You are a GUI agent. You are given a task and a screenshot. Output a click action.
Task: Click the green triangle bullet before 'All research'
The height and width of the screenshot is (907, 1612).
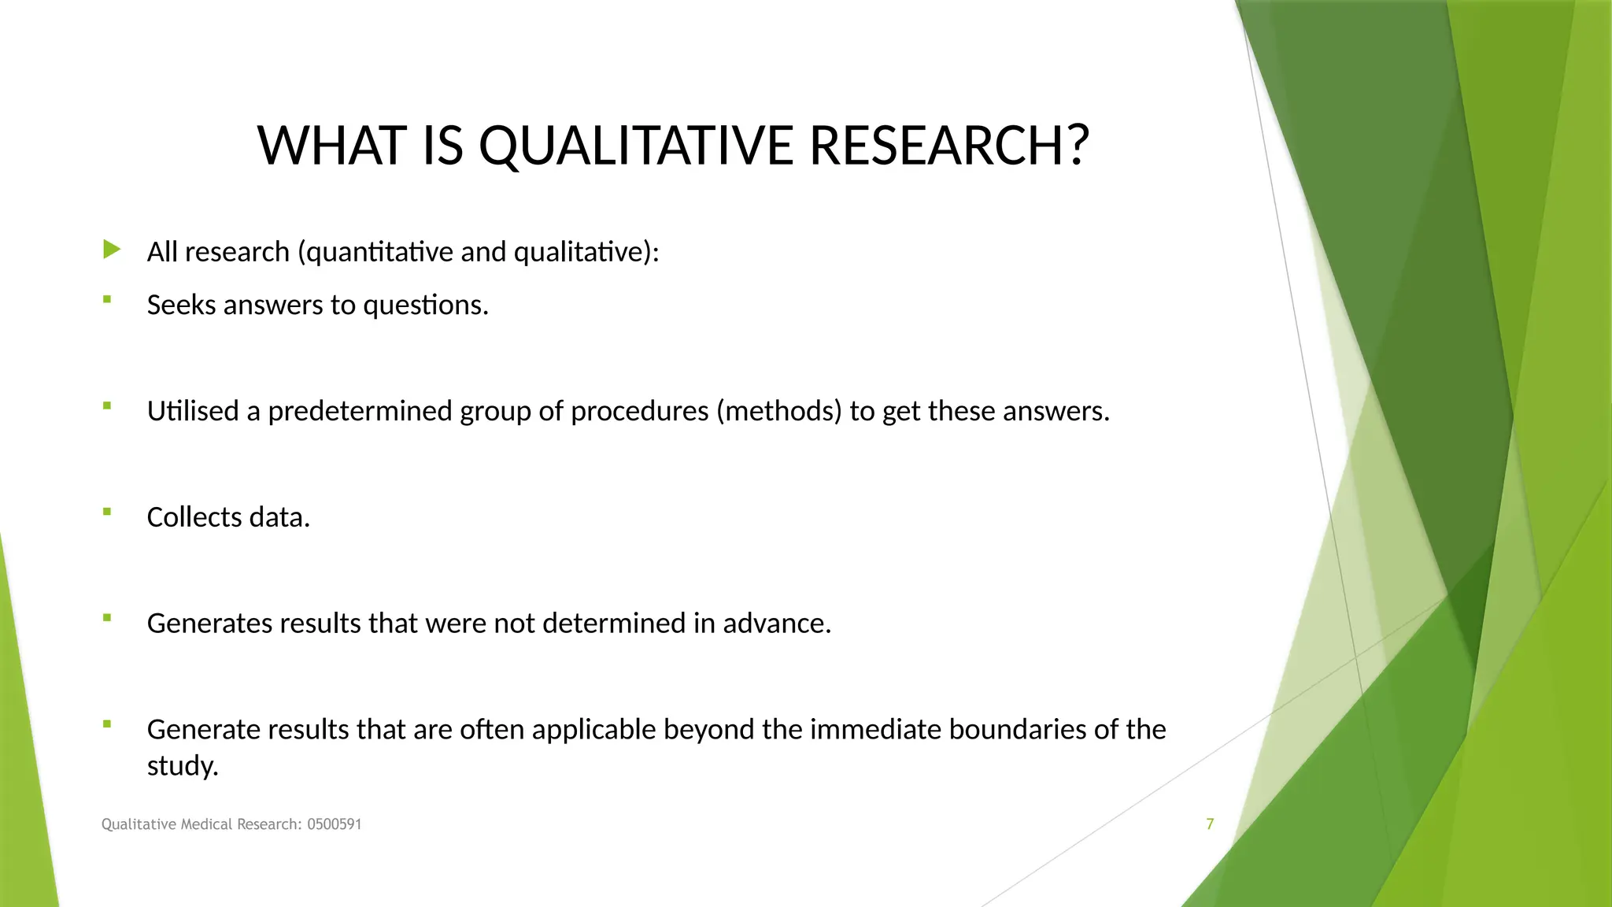(112, 250)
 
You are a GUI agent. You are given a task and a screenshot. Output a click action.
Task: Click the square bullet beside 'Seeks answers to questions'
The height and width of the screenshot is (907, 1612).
(107, 299)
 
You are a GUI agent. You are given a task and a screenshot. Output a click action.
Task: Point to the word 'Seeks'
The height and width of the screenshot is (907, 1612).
(181, 305)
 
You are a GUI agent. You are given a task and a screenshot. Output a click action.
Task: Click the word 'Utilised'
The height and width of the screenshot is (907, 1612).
(193, 411)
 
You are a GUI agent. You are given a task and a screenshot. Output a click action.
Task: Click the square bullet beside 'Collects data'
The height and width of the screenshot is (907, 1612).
(107, 512)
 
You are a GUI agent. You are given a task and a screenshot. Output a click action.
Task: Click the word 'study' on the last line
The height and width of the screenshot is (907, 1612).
(180, 766)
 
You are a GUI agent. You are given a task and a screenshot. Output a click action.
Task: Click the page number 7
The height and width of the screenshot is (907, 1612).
(1210, 824)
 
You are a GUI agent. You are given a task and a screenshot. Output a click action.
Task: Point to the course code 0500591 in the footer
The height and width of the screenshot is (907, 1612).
(334, 824)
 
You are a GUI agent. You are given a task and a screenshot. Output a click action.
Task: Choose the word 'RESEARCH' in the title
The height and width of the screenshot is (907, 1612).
(937, 146)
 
